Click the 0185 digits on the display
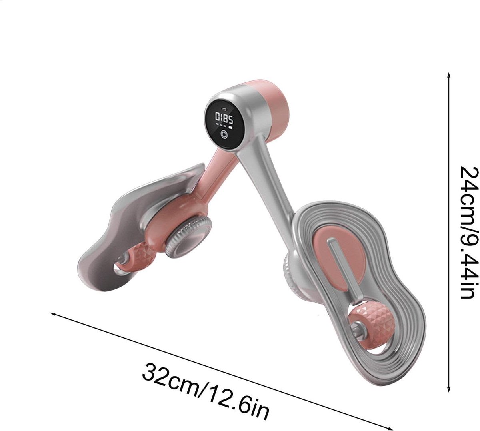pos(224,118)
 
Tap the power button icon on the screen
pos(224,134)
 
